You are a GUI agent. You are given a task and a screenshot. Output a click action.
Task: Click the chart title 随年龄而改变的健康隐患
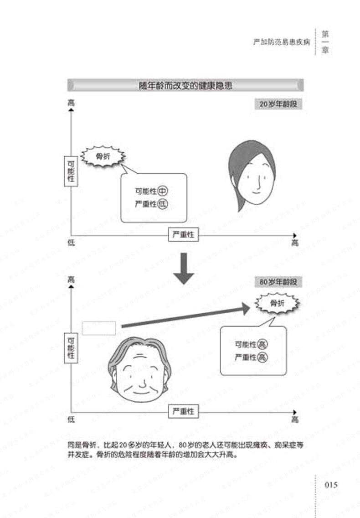[185, 85]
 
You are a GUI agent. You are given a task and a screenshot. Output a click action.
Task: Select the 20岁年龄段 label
[278, 104]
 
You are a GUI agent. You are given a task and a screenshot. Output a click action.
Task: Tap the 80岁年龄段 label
[278, 282]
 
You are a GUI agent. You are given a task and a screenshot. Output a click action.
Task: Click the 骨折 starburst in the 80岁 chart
[277, 303]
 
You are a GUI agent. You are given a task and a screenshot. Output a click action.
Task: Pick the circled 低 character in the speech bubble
[163, 204]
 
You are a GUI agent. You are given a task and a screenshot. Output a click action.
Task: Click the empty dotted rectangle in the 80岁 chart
[99, 328]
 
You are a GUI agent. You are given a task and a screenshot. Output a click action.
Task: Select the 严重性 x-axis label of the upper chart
[184, 234]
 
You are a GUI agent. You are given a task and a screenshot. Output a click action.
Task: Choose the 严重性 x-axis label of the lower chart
[184, 411]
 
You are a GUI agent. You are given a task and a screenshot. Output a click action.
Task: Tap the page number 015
[331, 485]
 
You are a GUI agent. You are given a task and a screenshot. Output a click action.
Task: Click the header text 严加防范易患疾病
[282, 42]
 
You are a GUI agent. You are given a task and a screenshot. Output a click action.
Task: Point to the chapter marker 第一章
[325, 42]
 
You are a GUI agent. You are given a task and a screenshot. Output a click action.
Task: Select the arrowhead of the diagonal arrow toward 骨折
[245, 309]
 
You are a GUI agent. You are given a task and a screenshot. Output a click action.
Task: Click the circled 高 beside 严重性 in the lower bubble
[262, 357]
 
